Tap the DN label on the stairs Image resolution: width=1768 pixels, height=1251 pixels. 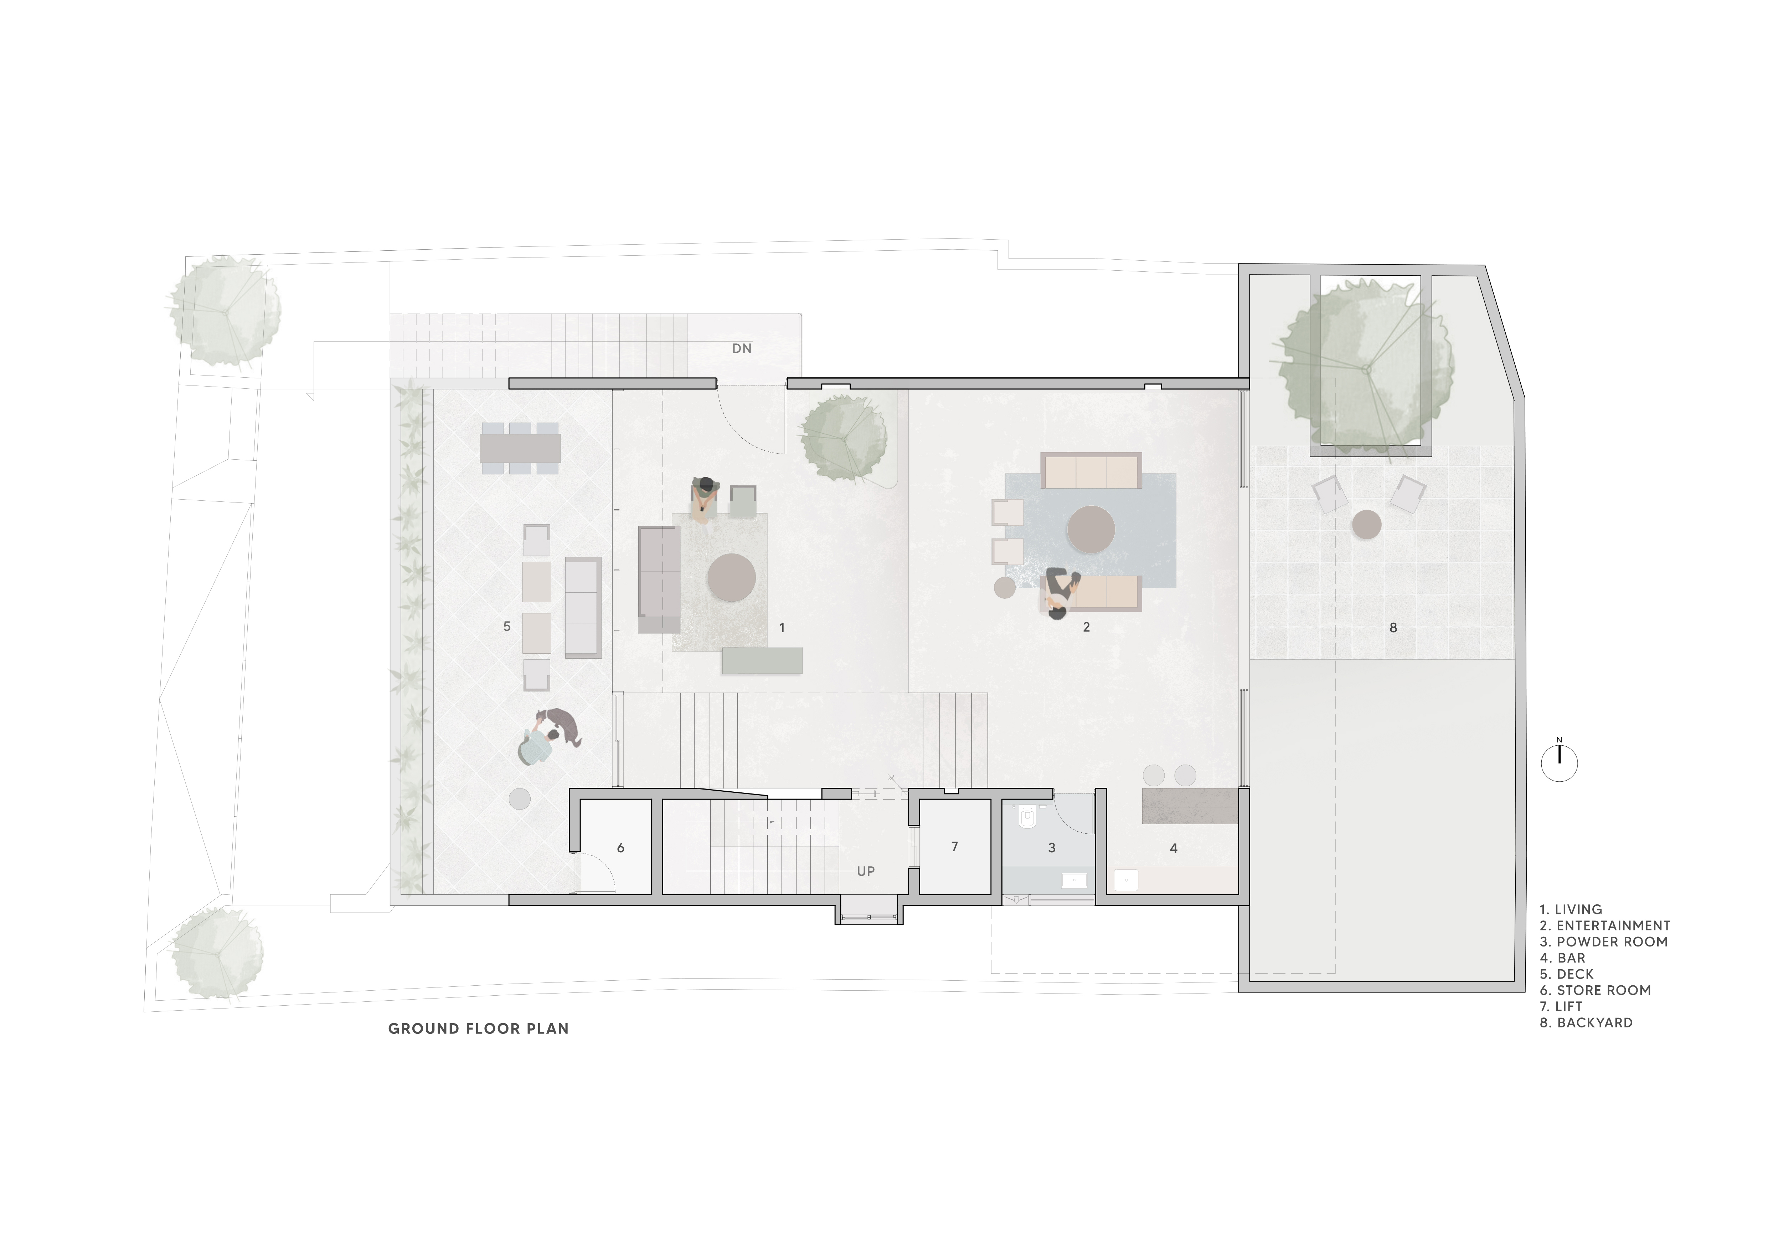tap(742, 348)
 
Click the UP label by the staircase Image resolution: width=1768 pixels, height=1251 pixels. tap(866, 871)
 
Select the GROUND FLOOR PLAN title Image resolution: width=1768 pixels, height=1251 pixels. tap(478, 1028)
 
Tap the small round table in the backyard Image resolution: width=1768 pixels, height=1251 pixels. tap(1367, 525)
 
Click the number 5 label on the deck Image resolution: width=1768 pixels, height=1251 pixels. tap(507, 626)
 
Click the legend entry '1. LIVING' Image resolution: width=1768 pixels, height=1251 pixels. tap(1571, 909)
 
